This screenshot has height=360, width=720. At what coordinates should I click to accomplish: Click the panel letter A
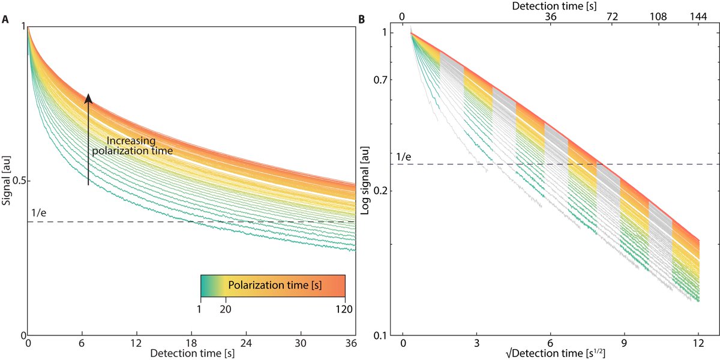coord(5,19)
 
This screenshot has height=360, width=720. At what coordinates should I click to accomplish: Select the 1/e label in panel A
coord(38,212)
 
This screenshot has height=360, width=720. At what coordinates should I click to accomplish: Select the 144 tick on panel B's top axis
coord(698,17)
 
